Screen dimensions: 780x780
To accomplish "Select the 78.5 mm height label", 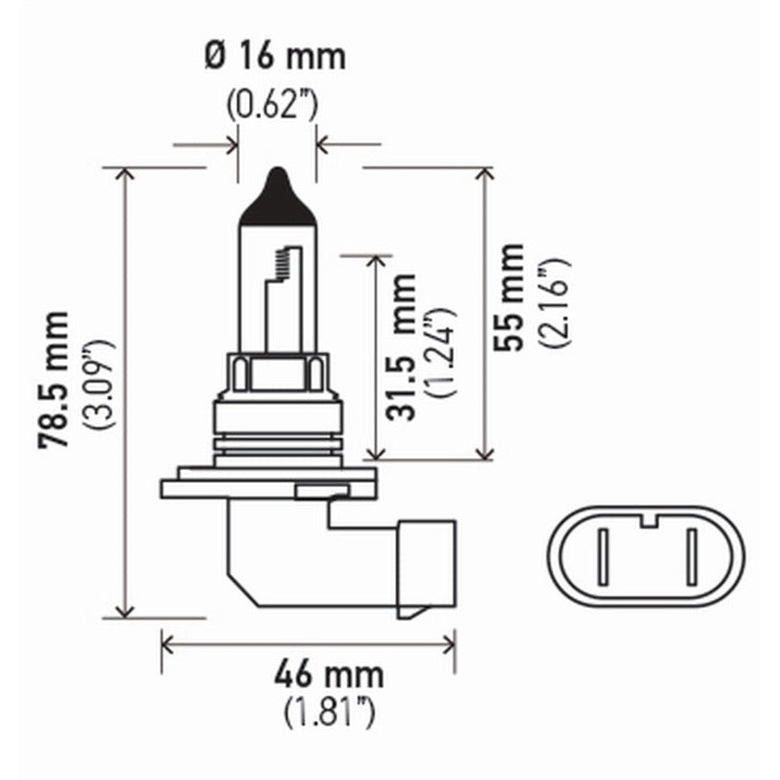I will tap(53, 379).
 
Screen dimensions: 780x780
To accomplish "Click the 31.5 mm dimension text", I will tap(402, 347).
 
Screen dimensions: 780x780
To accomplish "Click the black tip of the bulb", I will tap(278, 199).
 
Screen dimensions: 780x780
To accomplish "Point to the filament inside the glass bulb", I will tap(283, 268).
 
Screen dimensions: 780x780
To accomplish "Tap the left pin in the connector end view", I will tap(602, 557).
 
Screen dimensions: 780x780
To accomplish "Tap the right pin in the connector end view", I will tap(689, 557).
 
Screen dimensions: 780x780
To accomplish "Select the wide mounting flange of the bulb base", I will tap(268, 488).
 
